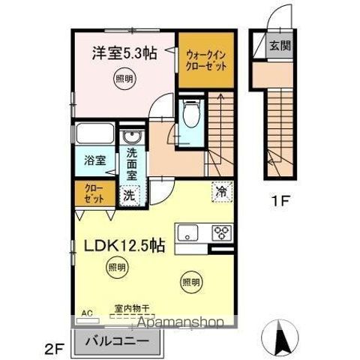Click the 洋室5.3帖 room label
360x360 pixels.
click(x=124, y=53)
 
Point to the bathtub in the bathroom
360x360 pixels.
click(x=95, y=136)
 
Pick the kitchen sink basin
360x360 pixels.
click(x=188, y=230)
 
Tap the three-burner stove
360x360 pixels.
click(x=223, y=231)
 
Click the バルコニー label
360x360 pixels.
click(x=116, y=338)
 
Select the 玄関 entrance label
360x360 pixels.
click(x=281, y=45)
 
